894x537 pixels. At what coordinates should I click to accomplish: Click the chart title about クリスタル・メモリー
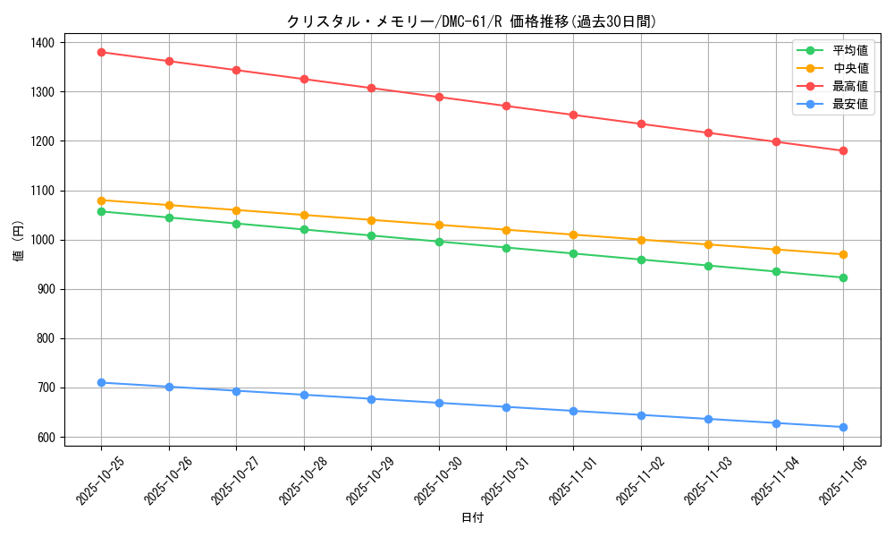tap(471, 21)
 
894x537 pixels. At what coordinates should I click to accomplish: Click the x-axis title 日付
tap(472, 518)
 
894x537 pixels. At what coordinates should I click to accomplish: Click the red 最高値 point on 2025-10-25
tap(101, 52)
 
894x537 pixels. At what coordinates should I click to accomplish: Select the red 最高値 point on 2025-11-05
tap(843, 150)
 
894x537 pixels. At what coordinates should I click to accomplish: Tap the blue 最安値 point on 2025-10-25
tap(101, 383)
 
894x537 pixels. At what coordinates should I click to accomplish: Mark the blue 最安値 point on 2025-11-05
tap(843, 427)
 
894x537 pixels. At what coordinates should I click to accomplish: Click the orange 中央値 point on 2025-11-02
tap(641, 240)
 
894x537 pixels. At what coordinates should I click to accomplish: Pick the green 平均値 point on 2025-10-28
tap(304, 230)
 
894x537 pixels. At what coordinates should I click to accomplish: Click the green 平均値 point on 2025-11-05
tap(843, 277)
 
